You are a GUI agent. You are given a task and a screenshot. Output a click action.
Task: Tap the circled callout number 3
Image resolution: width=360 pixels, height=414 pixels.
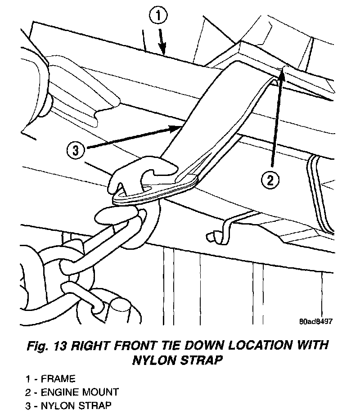coord(75,150)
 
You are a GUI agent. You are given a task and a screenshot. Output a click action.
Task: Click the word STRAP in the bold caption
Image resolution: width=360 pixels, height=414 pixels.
coord(201,360)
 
